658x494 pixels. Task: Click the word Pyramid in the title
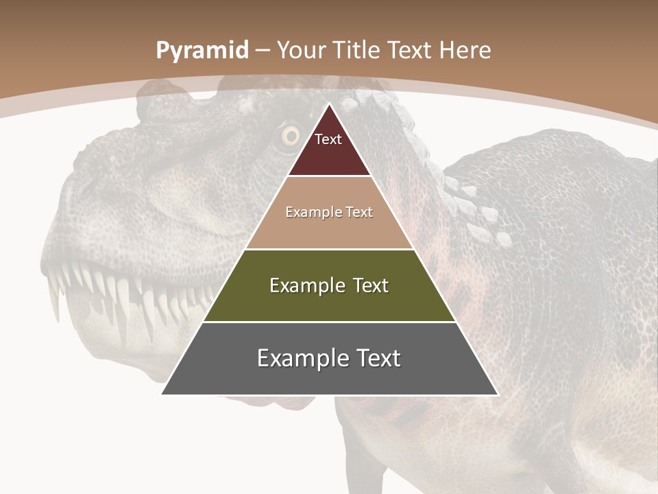point(202,51)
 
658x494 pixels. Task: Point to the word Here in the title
point(465,51)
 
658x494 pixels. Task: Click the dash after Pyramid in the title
point(263,51)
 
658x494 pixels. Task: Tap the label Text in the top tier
point(328,140)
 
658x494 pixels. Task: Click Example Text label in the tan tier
point(329,213)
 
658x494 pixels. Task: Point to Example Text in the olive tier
point(329,285)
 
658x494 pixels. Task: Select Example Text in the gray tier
point(329,358)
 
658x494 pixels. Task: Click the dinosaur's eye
point(291,136)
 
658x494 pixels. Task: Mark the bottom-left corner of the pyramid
point(162,394)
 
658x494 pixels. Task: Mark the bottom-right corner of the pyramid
point(498,394)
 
